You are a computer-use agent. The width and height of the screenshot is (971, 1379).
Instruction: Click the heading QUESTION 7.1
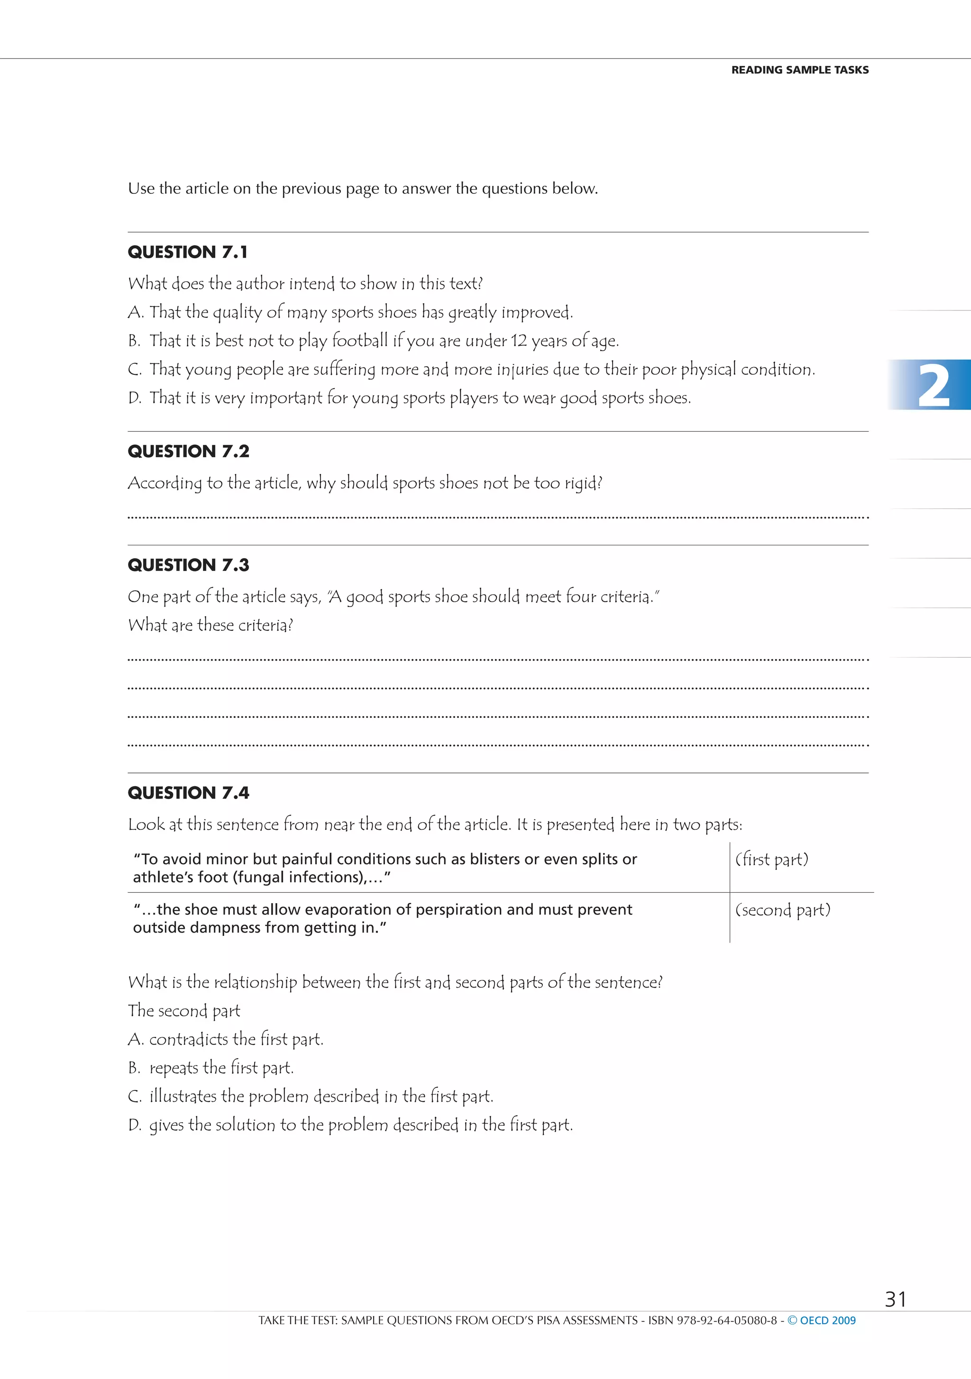(x=187, y=252)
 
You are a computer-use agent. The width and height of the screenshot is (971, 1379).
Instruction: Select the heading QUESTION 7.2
(x=188, y=452)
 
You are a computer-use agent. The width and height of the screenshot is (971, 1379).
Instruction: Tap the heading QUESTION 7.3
(x=188, y=565)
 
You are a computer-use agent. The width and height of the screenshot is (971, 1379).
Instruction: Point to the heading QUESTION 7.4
(x=188, y=793)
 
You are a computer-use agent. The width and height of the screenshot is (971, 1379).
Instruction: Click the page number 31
(x=895, y=1299)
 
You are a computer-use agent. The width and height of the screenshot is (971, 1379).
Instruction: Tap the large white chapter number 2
(x=933, y=386)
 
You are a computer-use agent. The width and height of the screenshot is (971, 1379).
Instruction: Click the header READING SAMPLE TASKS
(x=800, y=70)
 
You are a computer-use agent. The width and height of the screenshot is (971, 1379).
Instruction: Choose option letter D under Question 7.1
(x=134, y=398)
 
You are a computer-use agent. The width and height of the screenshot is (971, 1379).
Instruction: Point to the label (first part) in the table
(x=771, y=860)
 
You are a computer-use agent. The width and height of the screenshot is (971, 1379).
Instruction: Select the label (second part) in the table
(x=782, y=910)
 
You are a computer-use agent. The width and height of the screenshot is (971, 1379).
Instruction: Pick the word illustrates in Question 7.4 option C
(x=183, y=1097)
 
